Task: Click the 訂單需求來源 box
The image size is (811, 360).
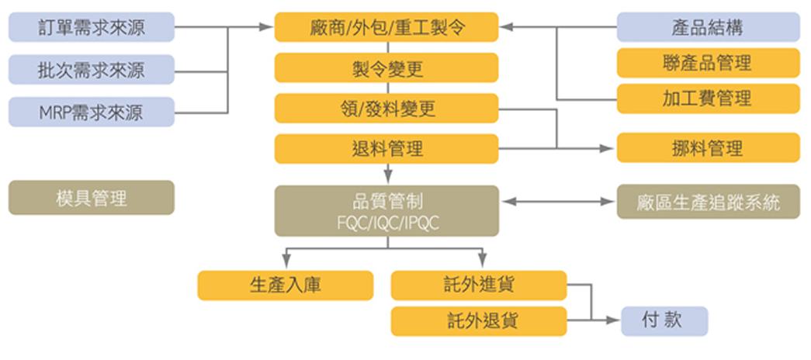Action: coord(92,28)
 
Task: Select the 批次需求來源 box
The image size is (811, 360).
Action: coord(92,70)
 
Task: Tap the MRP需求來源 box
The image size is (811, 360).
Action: coord(92,112)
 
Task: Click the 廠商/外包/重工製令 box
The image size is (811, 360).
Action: coord(386,27)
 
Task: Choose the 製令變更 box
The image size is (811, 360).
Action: coord(386,68)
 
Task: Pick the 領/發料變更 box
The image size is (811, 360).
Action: coord(386,108)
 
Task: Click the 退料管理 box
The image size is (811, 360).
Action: coord(386,147)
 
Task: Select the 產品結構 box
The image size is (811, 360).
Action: coord(708,27)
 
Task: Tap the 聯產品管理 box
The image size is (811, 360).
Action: coord(708,63)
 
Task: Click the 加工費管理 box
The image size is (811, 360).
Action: coord(708,99)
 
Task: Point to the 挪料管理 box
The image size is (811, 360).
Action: coord(708,147)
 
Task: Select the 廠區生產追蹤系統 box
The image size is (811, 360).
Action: coord(708,202)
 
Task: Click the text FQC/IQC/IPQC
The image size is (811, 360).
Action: coord(386,221)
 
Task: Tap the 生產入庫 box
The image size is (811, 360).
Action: coord(281,285)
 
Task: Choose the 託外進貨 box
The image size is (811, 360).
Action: coord(480,285)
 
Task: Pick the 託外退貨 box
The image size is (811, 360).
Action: coord(480,320)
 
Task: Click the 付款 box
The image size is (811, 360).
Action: coord(664,320)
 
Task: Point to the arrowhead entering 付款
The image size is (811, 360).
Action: coord(615,320)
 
